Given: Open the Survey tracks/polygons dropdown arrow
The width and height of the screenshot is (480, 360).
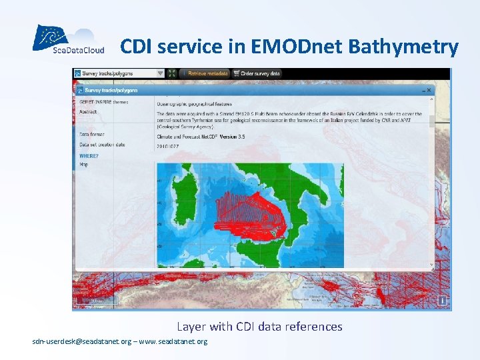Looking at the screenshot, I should (x=160, y=73).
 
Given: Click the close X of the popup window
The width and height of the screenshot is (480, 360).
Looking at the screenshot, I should (x=429, y=89).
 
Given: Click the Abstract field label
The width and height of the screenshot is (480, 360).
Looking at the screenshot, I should (x=88, y=112).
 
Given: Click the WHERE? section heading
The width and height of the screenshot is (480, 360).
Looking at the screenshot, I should (x=89, y=155).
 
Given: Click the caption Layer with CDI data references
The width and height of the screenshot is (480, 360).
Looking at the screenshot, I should (x=259, y=327).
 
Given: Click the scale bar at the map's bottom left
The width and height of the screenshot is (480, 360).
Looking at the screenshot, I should (x=96, y=301).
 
